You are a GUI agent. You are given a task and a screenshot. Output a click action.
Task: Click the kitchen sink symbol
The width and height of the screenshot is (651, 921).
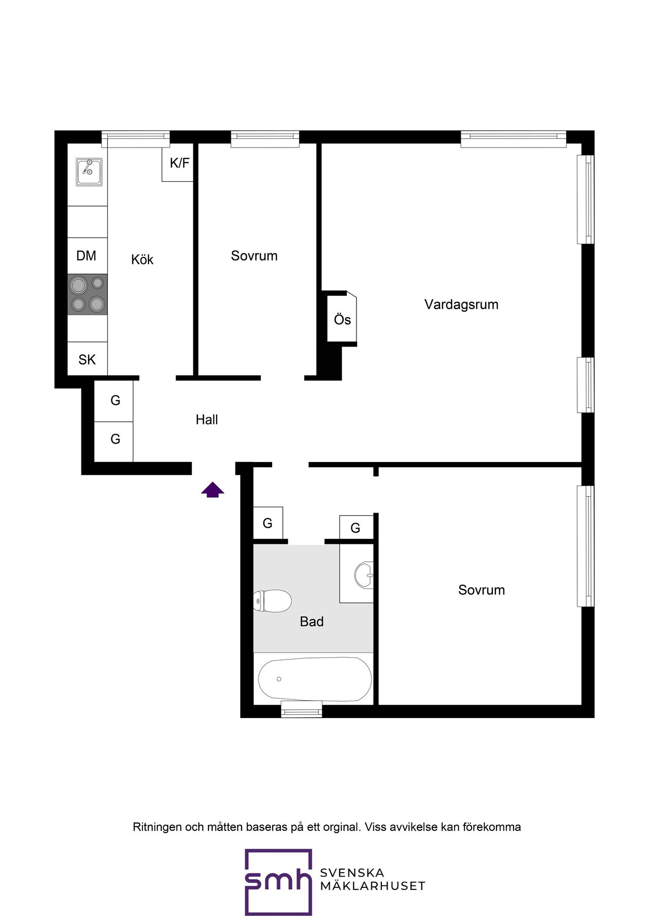click(89, 172)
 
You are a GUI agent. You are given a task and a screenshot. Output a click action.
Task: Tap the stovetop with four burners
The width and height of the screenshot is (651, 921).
click(87, 294)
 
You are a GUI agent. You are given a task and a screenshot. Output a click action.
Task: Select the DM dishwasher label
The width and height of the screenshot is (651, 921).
click(86, 255)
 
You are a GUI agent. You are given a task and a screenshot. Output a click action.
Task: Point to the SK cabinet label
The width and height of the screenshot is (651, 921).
click(87, 360)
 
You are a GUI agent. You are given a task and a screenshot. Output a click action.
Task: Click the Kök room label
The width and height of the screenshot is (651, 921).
click(142, 260)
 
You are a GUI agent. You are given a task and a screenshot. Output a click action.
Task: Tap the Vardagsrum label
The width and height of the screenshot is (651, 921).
click(461, 305)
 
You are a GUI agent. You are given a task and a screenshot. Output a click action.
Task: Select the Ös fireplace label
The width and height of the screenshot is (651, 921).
click(342, 319)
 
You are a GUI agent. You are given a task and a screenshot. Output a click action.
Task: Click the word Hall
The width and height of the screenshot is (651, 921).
click(207, 420)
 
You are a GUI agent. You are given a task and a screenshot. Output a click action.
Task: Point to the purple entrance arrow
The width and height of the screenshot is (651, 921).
click(213, 490)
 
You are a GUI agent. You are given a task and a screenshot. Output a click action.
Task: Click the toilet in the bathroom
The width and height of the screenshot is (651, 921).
click(272, 601)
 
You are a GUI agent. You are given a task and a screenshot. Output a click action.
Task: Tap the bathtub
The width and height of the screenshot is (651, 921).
click(315, 679)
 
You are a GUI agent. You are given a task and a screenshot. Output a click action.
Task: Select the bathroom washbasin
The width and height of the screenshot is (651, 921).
click(364, 575)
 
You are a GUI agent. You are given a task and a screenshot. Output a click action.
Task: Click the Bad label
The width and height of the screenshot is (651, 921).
click(312, 622)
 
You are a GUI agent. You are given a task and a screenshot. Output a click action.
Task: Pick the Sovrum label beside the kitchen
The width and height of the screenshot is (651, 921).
click(254, 256)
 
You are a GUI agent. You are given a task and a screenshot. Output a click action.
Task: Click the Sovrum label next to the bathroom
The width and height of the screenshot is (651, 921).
click(482, 590)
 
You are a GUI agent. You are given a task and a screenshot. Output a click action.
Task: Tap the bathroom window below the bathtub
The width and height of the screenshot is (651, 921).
click(302, 709)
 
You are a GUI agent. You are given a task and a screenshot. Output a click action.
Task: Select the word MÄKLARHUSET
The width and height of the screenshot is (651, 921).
click(373, 886)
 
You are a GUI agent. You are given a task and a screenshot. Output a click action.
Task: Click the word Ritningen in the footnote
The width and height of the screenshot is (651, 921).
click(157, 827)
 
